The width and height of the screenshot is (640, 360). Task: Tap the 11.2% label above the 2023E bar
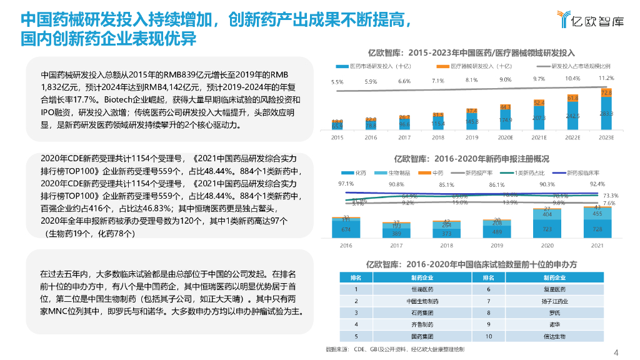606,78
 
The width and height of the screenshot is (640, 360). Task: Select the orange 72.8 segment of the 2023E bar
606,93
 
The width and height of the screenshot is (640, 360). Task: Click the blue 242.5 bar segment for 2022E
572,116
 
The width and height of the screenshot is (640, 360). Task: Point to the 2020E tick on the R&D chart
505,137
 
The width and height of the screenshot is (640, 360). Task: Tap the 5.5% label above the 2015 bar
337,82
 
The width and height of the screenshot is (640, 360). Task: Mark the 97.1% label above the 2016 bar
346,184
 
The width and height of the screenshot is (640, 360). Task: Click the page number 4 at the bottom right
616,351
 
